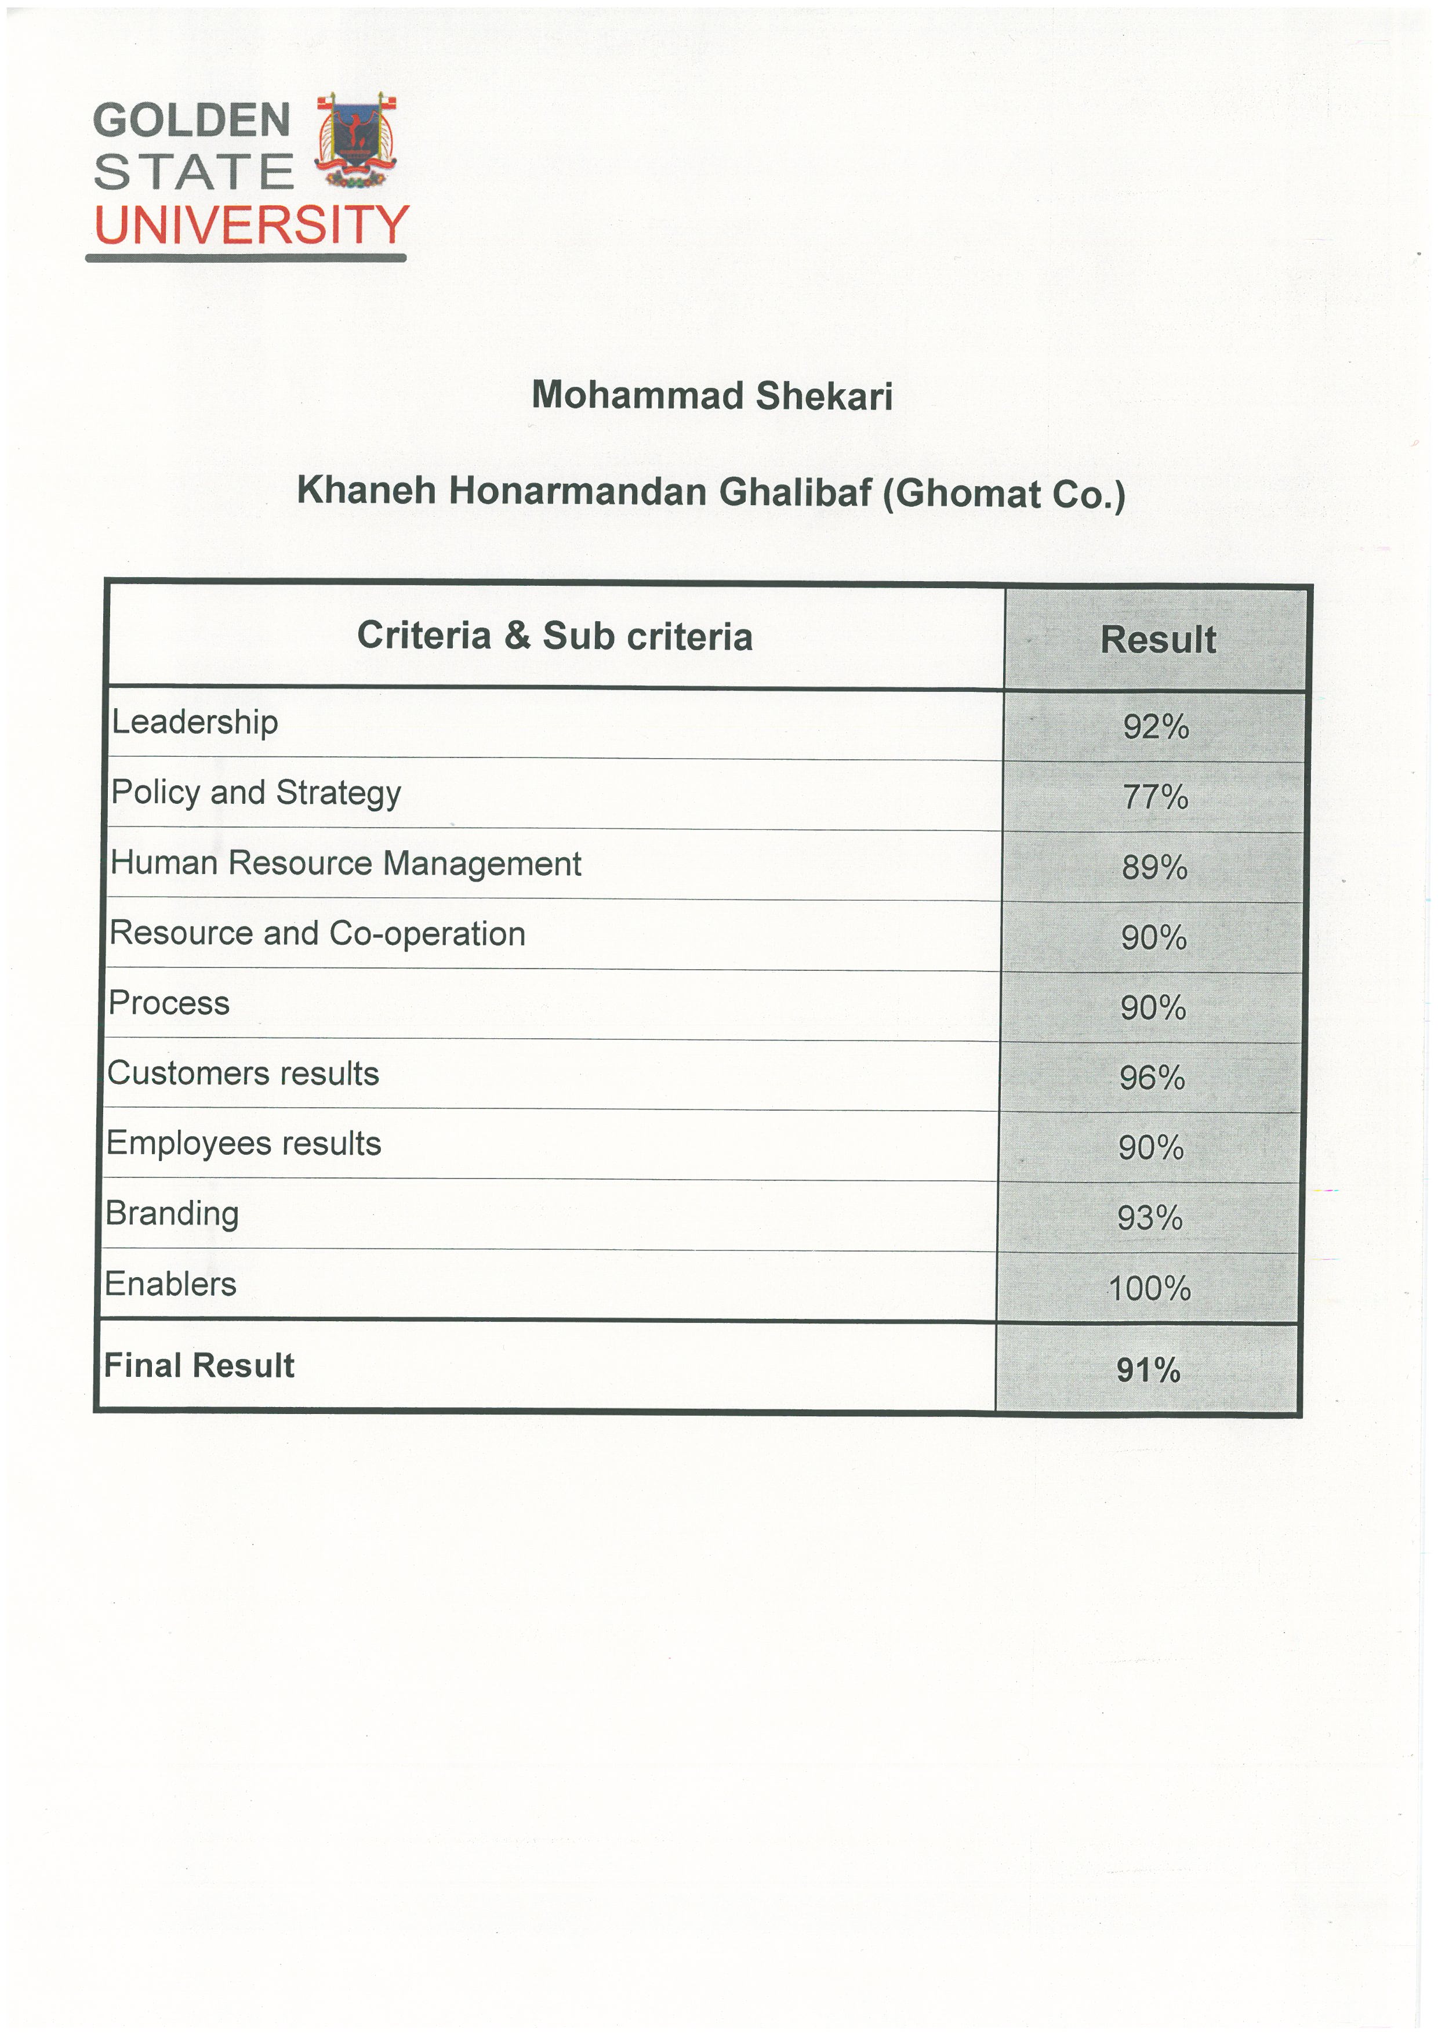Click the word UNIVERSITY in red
click(x=252, y=225)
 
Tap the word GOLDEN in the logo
click(x=192, y=121)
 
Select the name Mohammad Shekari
click(x=712, y=396)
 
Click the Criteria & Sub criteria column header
click(x=554, y=636)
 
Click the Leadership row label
click(x=195, y=722)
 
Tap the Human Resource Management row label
click(x=346, y=863)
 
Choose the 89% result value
click(x=1154, y=867)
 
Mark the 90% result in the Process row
click(x=1153, y=1008)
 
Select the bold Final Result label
click(x=199, y=1365)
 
